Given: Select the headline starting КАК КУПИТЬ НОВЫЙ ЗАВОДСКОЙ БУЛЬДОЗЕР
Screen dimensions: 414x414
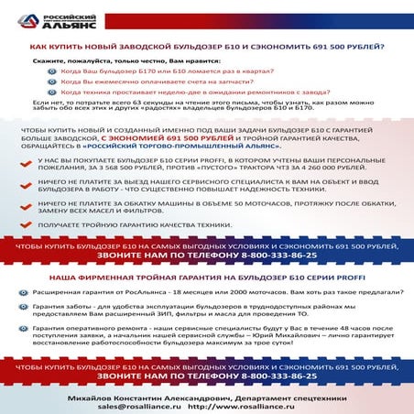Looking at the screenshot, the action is tap(207, 47).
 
